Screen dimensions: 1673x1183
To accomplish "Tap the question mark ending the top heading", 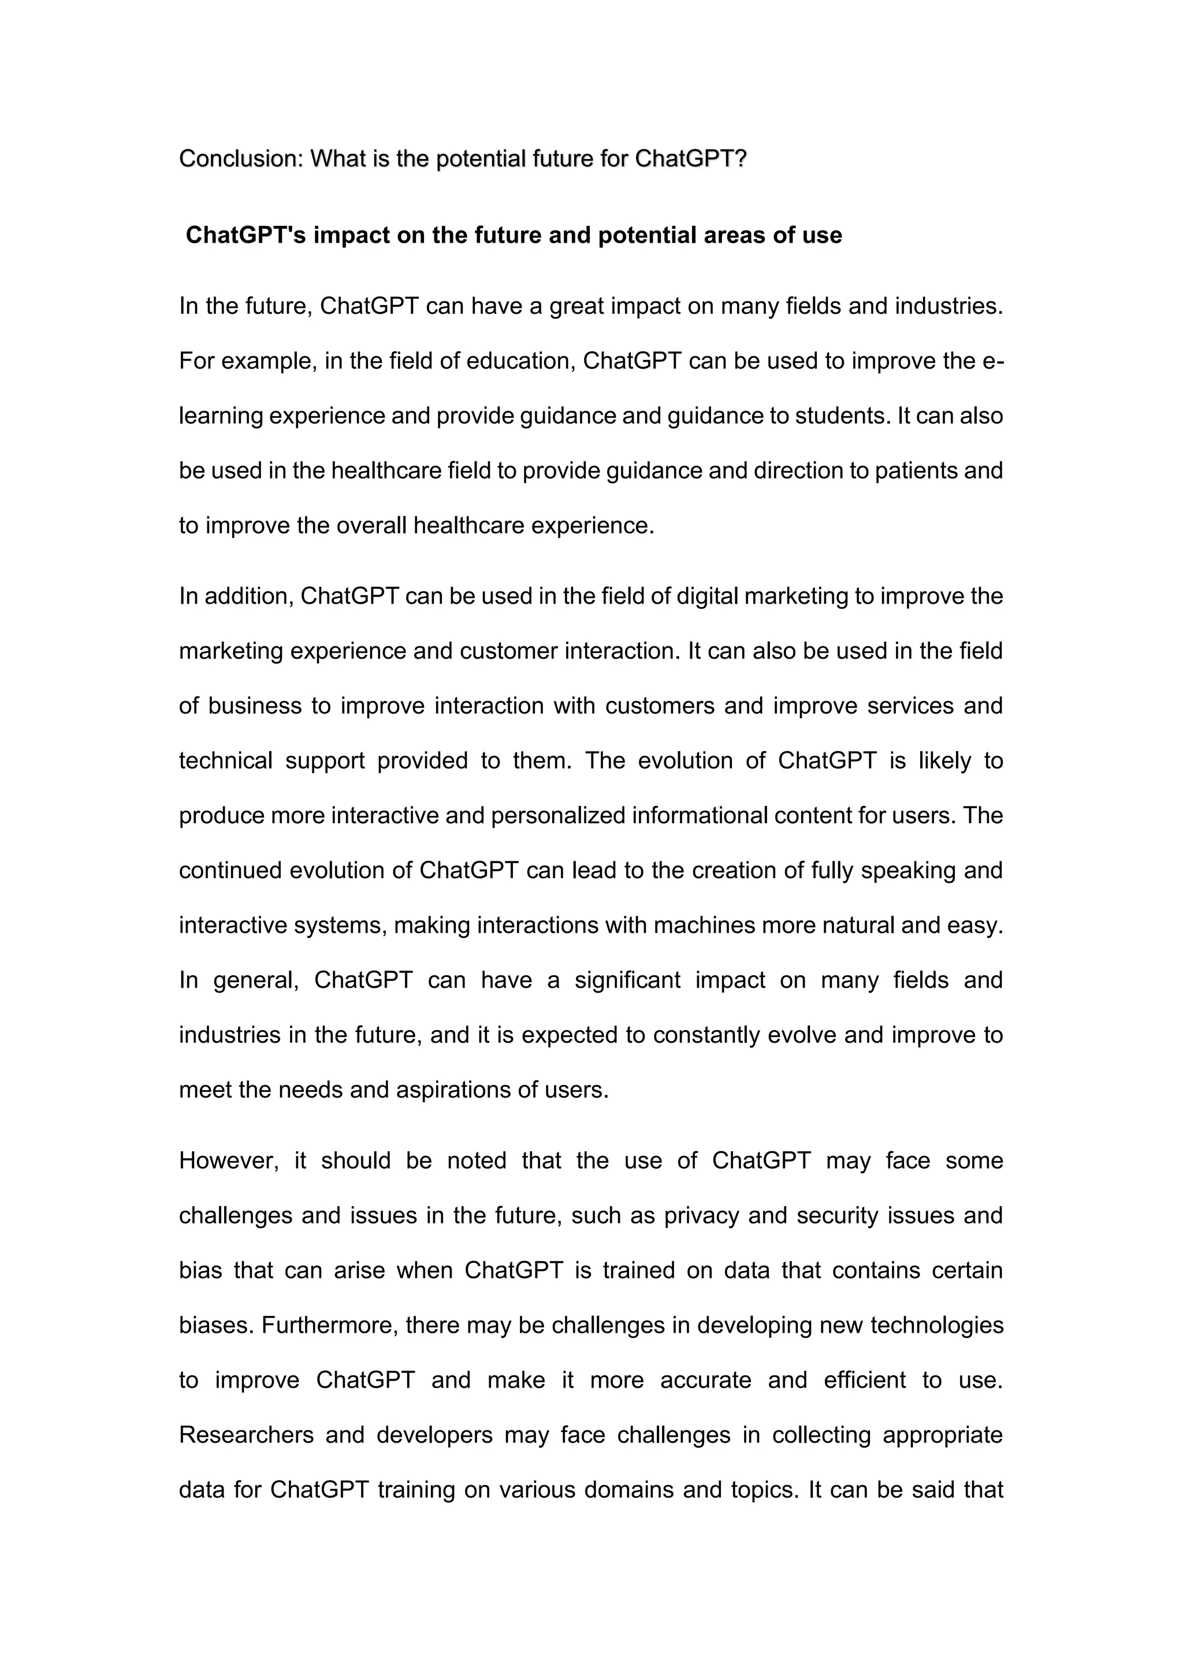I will tap(741, 158).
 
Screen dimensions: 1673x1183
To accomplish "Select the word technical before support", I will tap(225, 761).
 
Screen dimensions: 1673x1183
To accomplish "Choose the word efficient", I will tap(865, 1380).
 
